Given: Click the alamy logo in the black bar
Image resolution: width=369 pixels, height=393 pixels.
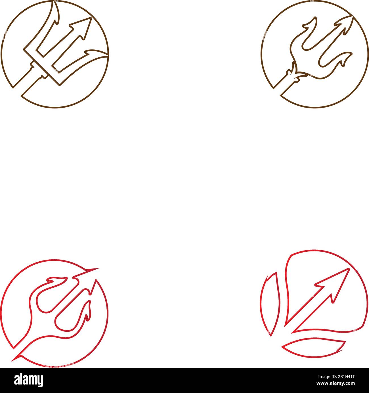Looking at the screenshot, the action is [x=28, y=380].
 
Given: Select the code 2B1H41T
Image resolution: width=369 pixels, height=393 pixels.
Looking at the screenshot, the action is [x=345, y=377].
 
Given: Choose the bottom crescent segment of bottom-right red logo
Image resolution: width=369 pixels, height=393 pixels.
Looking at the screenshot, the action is [x=314, y=348].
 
